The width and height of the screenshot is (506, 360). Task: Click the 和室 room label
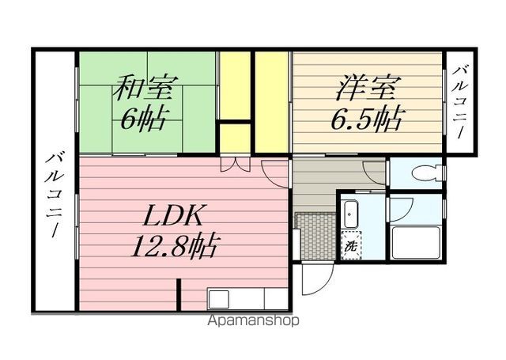tap(146, 86)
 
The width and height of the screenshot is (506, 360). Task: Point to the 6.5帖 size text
tap(368, 119)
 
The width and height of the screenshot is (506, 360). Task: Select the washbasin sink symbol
tap(351, 214)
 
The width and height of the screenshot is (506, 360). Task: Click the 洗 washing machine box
tap(350, 246)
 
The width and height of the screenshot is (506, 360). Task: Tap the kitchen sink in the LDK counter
tap(218, 298)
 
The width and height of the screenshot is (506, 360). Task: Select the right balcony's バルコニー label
tap(459, 103)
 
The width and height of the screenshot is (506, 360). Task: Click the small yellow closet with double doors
tap(235, 137)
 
